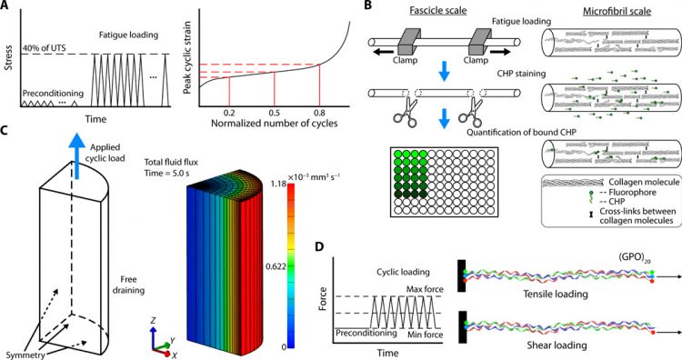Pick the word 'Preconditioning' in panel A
coord(43,92)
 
